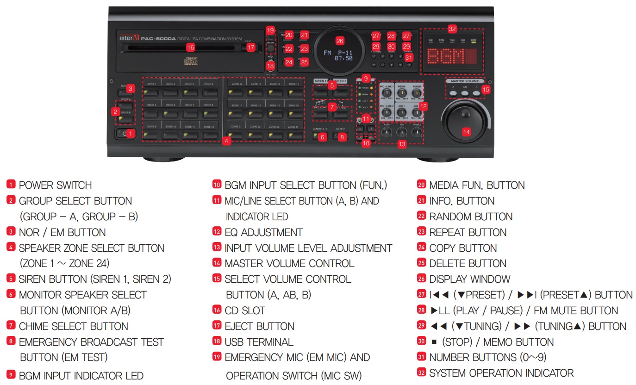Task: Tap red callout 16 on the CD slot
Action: click(190, 47)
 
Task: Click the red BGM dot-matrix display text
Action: click(452, 57)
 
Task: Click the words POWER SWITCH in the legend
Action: click(55, 185)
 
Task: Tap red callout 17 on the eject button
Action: click(250, 47)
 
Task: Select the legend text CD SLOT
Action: click(244, 310)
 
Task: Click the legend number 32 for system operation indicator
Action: click(421, 373)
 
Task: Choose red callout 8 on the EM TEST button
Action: click(342, 137)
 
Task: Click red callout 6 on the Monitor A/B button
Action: click(323, 137)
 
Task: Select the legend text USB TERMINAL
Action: click(259, 342)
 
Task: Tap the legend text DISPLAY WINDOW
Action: click(469, 279)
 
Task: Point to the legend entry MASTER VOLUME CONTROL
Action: click(289, 263)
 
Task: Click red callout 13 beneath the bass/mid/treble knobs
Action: click(402, 144)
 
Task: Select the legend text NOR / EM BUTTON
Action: click(62, 232)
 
